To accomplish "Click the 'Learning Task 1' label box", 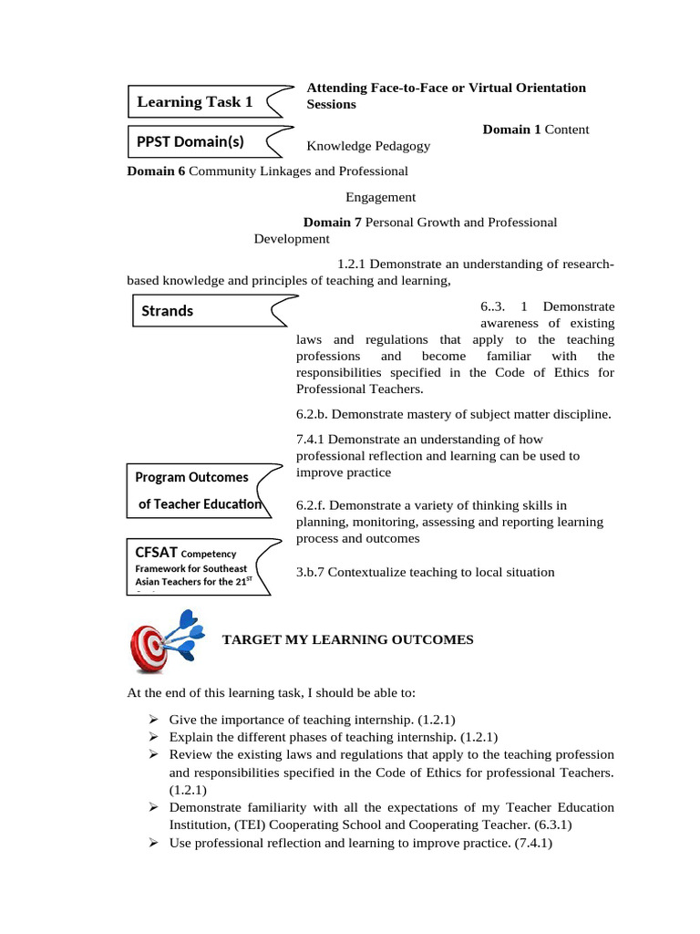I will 195,102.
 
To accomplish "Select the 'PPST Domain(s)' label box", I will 190,141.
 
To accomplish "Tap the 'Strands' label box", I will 168,311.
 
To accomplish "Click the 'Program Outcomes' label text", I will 191,477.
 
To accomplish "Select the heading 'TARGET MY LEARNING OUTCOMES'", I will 348,639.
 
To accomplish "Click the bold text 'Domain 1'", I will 511,130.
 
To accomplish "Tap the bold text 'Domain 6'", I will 156,171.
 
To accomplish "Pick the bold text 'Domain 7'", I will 333,222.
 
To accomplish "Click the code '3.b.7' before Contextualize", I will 311,572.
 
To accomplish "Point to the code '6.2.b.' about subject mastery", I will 314,414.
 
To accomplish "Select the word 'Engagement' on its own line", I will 380,196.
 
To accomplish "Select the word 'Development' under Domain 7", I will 292,239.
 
